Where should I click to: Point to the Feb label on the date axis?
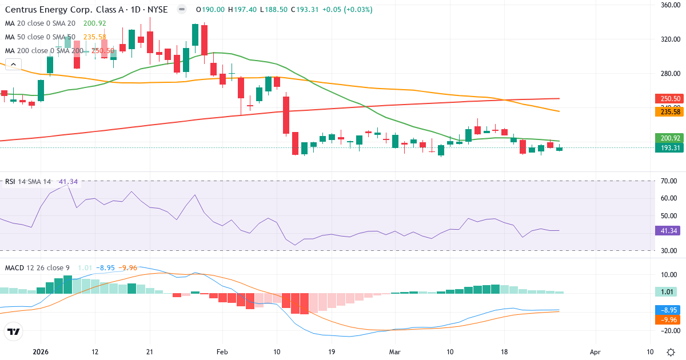tap(222, 351)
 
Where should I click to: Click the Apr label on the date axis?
tap(595, 351)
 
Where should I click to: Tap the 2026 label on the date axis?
tap(40, 351)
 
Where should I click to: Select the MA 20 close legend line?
tap(40, 23)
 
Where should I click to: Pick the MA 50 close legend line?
tap(40, 37)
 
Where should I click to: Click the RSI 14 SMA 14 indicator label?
tap(27, 182)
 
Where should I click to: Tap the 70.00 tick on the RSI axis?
tap(669, 181)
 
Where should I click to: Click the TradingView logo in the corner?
tap(13, 331)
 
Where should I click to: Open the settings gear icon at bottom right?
tap(670, 351)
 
